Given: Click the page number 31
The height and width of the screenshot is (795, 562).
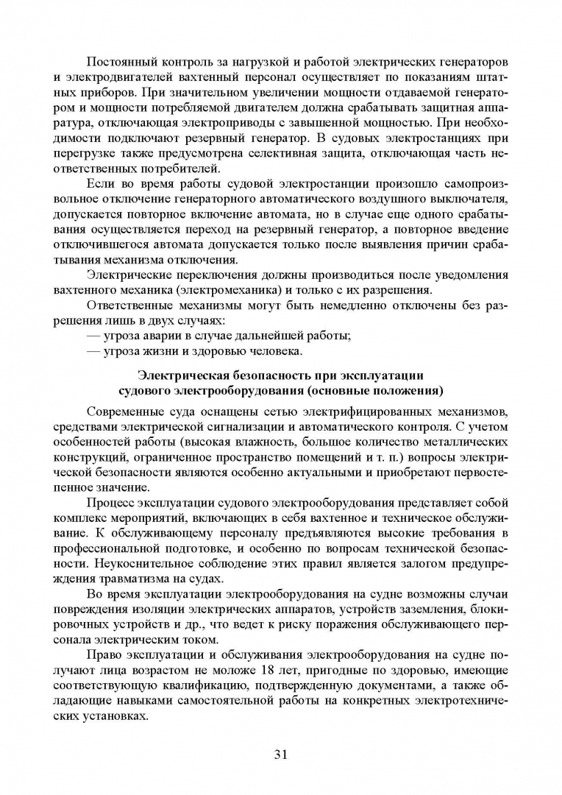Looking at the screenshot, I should [x=280, y=753].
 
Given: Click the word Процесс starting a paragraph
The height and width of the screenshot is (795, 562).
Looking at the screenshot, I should [x=110, y=504].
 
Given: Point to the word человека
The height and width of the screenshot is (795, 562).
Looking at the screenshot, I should [x=272, y=352].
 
